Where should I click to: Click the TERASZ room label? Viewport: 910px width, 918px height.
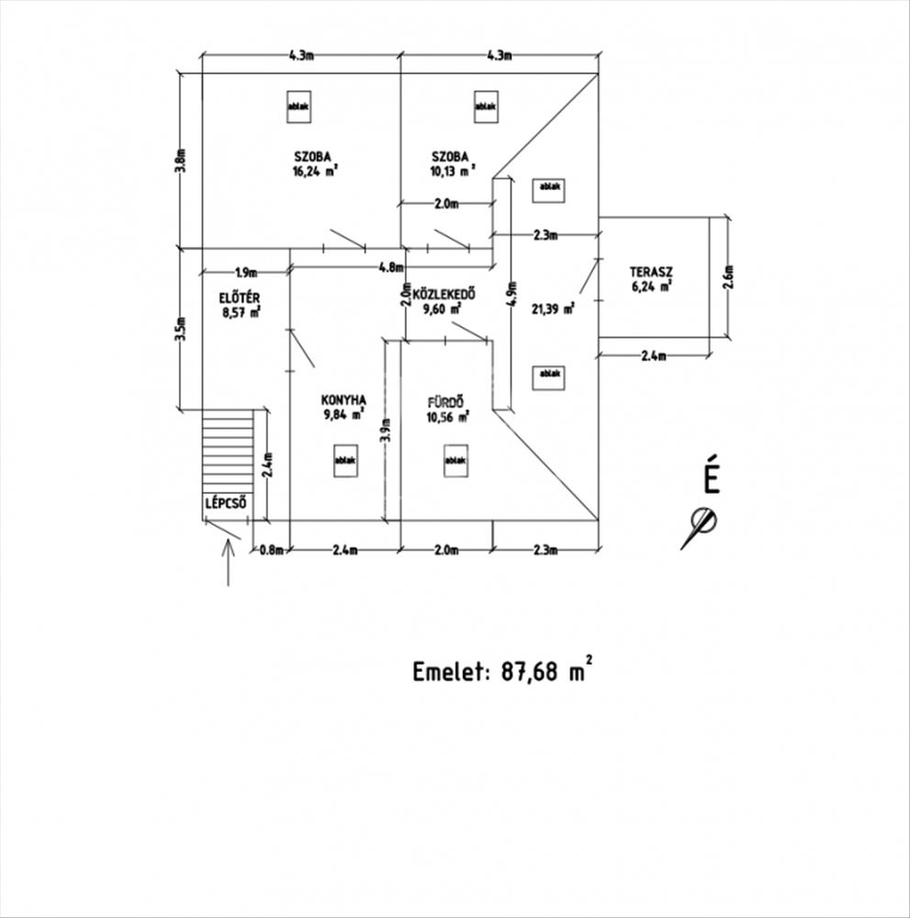[651, 273]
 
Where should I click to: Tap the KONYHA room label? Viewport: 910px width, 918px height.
[343, 400]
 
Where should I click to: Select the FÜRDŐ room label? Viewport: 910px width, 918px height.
[446, 402]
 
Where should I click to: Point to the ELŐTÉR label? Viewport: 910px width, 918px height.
[240, 298]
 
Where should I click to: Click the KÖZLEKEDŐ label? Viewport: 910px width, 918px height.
[444, 294]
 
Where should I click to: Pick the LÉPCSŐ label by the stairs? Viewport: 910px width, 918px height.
[226, 503]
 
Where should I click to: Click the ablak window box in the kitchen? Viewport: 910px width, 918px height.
[345, 461]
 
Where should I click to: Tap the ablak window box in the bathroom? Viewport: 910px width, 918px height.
[455, 461]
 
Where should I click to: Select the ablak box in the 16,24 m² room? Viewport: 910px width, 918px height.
[298, 107]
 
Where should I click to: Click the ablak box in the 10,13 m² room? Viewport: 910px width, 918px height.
[486, 107]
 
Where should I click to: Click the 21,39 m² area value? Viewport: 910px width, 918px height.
[552, 308]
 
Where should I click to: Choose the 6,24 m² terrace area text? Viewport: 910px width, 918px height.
[651, 286]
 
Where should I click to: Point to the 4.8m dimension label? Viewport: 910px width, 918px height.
[391, 267]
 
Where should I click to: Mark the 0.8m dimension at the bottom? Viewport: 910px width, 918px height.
[272, 550]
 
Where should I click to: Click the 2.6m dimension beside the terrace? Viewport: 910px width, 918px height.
[728, 277]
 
